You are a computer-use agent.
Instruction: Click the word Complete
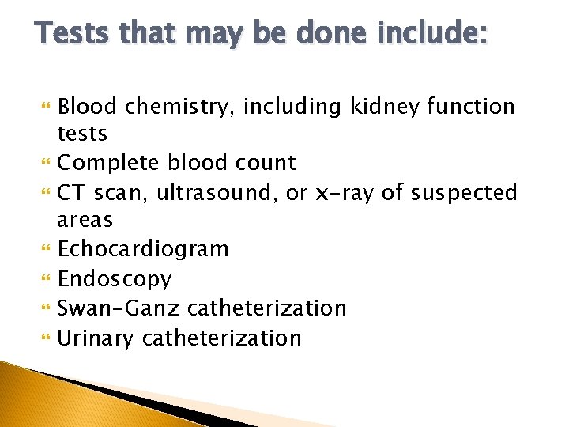[111, 164]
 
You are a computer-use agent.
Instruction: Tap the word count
[267, 163]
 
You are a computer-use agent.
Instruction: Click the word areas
[85, 220]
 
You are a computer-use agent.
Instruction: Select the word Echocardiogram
[144, 250]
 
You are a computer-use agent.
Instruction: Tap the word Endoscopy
[115, 279]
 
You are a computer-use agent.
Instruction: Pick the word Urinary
[96, 338]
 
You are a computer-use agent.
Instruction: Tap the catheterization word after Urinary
[222, 338]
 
